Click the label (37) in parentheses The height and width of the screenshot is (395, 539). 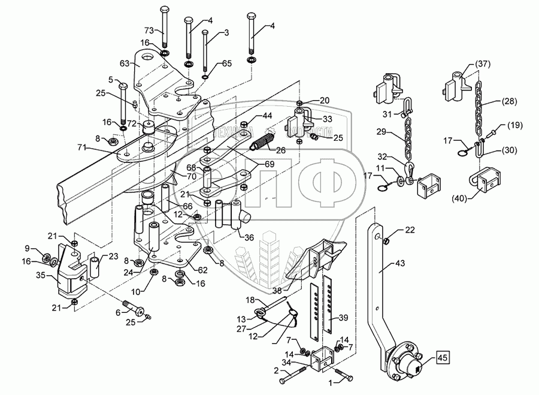[483, 64]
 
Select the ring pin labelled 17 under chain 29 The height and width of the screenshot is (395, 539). [383, 185]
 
